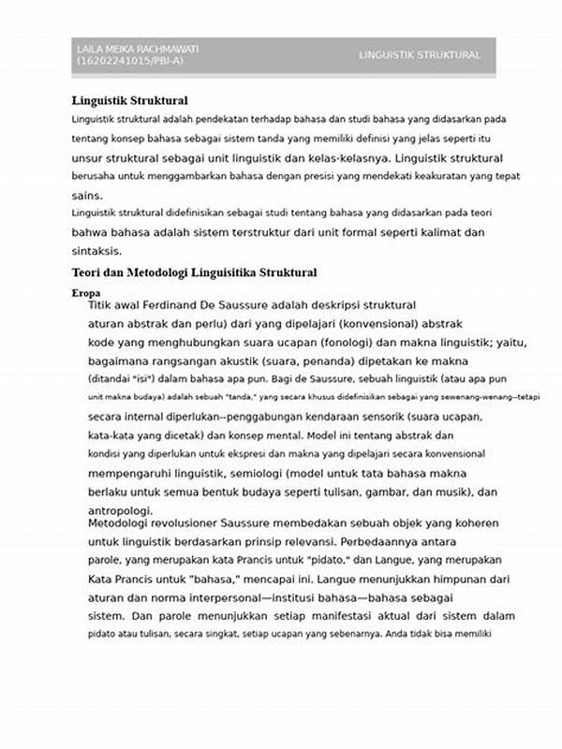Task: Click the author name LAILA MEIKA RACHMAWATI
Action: pyautogui.click(x=137, y=49)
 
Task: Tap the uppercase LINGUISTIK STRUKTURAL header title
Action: pyautogui.click(x=420, y=55)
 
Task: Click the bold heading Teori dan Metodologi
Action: pyautogui.click(x=194, y=272)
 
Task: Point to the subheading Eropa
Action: pyautogui.click(x=85, y=293)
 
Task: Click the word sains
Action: pyautogui.click(x=85, y=196)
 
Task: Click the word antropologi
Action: pyautogui.click(x=120, y=510)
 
